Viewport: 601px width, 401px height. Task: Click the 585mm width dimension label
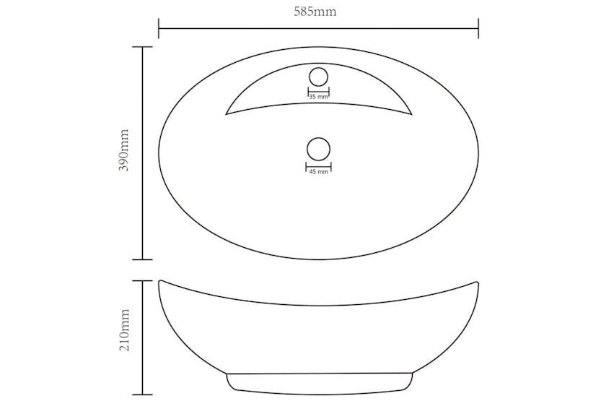318,12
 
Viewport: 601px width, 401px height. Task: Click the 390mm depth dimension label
124,151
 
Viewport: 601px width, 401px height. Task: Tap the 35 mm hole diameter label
318,96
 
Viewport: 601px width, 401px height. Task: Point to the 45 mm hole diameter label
318,172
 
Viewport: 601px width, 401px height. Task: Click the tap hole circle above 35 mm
318,76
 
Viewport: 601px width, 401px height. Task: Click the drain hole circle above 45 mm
318,150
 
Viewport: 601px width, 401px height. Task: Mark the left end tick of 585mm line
159,29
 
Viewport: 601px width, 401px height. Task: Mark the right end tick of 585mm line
478,29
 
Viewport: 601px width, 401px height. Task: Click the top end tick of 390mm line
142,47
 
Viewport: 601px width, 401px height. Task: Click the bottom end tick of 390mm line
142,259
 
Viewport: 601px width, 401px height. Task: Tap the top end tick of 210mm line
142,281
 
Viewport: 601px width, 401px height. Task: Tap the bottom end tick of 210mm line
142,396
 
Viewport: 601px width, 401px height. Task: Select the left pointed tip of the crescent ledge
227,113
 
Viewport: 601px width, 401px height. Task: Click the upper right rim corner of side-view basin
478,283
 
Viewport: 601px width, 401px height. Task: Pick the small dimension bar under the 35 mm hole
318,90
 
